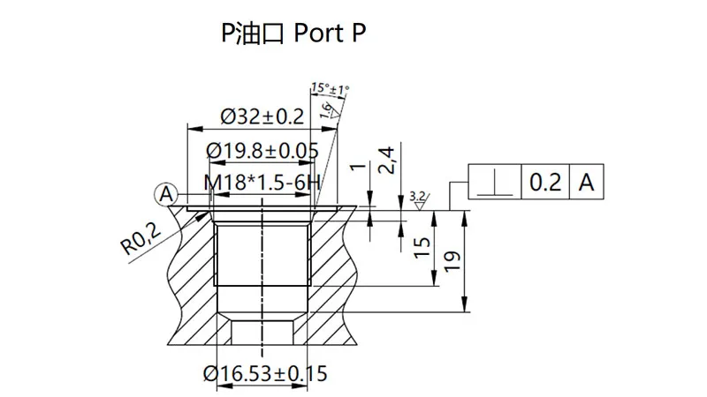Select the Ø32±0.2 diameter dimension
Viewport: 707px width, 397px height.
click(261, 116)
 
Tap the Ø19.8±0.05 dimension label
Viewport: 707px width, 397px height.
click(262, 150)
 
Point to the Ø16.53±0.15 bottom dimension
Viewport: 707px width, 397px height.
click(264, 373)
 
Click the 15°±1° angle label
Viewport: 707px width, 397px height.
click(331, 89)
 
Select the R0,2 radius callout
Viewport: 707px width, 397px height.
click(141, 239)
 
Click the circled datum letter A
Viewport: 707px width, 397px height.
click(166, 192)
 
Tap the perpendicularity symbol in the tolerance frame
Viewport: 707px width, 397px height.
click(493, 184)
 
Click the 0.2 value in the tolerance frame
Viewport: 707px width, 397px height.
click(544, 184)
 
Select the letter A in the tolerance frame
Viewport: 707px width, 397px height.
click(585, 184)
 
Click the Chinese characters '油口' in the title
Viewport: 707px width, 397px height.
click(257, 34)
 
